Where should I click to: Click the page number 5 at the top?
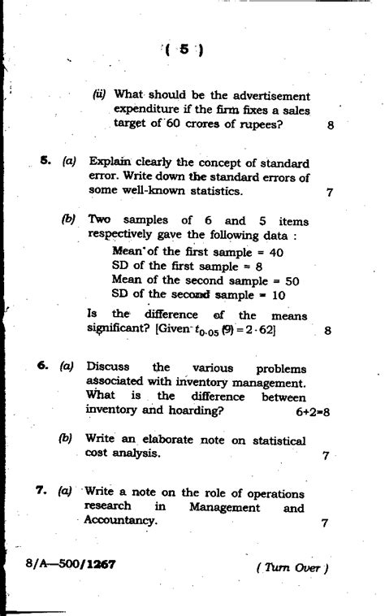[x=184, y=50]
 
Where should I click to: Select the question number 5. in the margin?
[x=46, y=161]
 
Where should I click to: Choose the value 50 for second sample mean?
[x=292, y=280]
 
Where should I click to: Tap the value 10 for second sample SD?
[x=277, y=294]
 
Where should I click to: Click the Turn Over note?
[x=291, y=568]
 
